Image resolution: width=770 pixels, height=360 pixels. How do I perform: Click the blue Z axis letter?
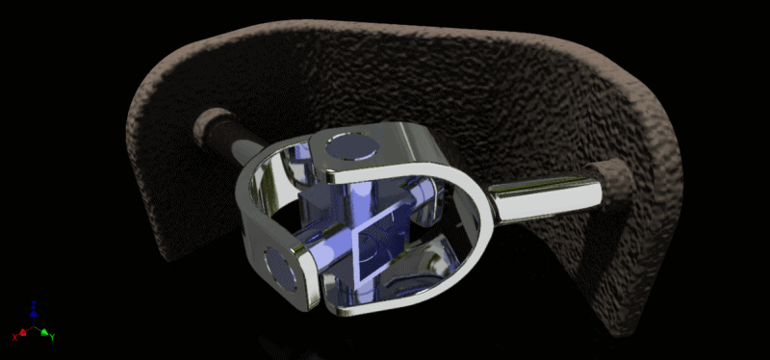click(35, 305)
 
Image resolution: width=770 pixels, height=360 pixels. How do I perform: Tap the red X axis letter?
click(14, 337)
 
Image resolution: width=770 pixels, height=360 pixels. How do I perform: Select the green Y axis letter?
click(51, 337)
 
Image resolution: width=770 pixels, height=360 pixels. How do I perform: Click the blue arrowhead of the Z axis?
click(35, 314)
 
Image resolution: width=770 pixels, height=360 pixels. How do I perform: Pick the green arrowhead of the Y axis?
click(44, 332)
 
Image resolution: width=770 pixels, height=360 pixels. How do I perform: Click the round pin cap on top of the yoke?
click(353, 147)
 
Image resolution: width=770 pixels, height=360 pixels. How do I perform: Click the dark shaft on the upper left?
click(231, 135)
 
